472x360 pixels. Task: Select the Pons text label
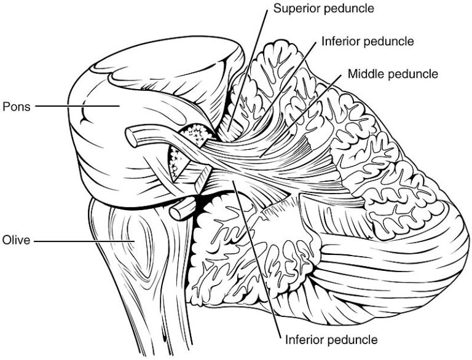[x=17, y=106]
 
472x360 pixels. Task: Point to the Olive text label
[x=16, y=240]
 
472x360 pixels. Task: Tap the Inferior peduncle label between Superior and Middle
[x=368, y=42]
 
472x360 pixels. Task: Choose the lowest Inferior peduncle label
[x=331, y=340]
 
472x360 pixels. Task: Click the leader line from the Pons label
[x=77, y=106]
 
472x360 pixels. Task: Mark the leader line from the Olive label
[x=84, y=241]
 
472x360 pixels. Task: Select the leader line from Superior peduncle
[x=248, y=70]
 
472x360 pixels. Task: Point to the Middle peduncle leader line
[x=301, y=115]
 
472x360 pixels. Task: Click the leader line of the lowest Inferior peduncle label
[x=256, y=259]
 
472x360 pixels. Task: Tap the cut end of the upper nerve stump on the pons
[x=132, y=137]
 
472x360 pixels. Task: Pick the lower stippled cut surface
[x=176, y=163]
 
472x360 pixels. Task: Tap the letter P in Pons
[x=6, y=106]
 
